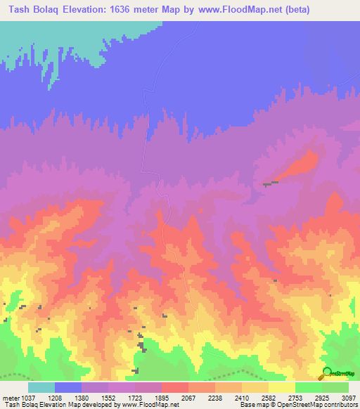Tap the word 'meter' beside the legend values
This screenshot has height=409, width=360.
pos(10,398)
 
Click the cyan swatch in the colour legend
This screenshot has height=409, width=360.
pos(41,387)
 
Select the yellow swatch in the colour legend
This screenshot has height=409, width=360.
pos(281,387)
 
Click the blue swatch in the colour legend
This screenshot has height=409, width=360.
pos(68,387)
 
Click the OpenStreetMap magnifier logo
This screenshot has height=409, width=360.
pos(327,372)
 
